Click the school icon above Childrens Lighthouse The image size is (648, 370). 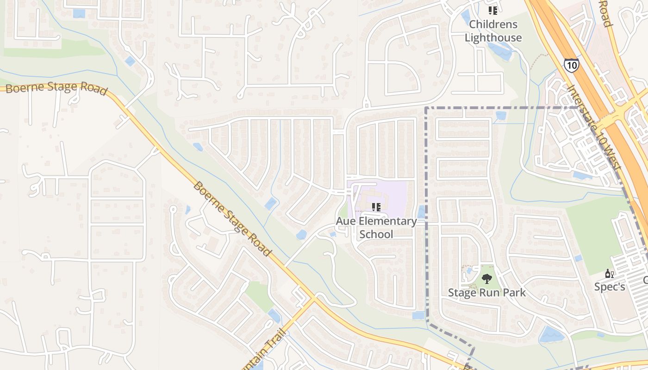coord(493,10)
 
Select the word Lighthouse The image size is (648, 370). coord(493,37)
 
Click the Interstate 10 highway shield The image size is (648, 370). coord(572,65)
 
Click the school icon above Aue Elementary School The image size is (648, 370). coord(376,207)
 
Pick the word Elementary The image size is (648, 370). coord(387,221)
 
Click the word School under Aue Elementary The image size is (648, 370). coord(376,234)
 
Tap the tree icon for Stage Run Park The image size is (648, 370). coord(486,279)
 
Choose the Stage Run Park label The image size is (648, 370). coord(487,292)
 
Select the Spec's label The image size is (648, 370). coord(610,287)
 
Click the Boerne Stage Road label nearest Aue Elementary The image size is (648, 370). coord(231,219)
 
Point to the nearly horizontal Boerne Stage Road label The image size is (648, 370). coord(56,87)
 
